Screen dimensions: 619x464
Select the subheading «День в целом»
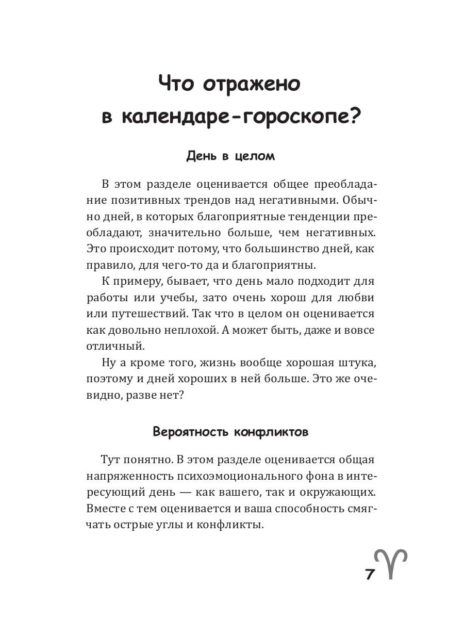click(x=230, y=156)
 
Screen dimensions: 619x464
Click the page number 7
click(x=370, y=575)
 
